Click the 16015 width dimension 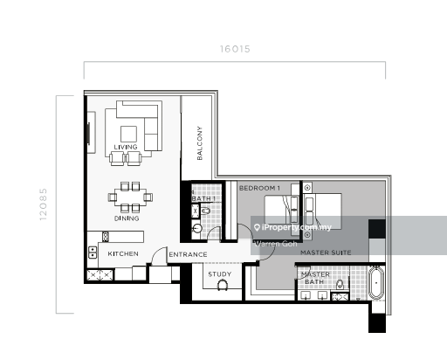235,49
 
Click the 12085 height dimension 43,204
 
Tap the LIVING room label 126,147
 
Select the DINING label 127,218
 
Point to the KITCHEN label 123,253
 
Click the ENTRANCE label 188,254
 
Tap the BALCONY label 200,143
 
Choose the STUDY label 220,274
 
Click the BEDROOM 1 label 259,188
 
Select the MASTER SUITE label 326,253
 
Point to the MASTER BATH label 315,278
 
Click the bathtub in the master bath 376,283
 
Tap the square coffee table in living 128,134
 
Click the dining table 130,197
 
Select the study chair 223,285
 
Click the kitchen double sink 93,253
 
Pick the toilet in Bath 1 205,211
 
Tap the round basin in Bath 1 197,228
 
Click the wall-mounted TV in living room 88,133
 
